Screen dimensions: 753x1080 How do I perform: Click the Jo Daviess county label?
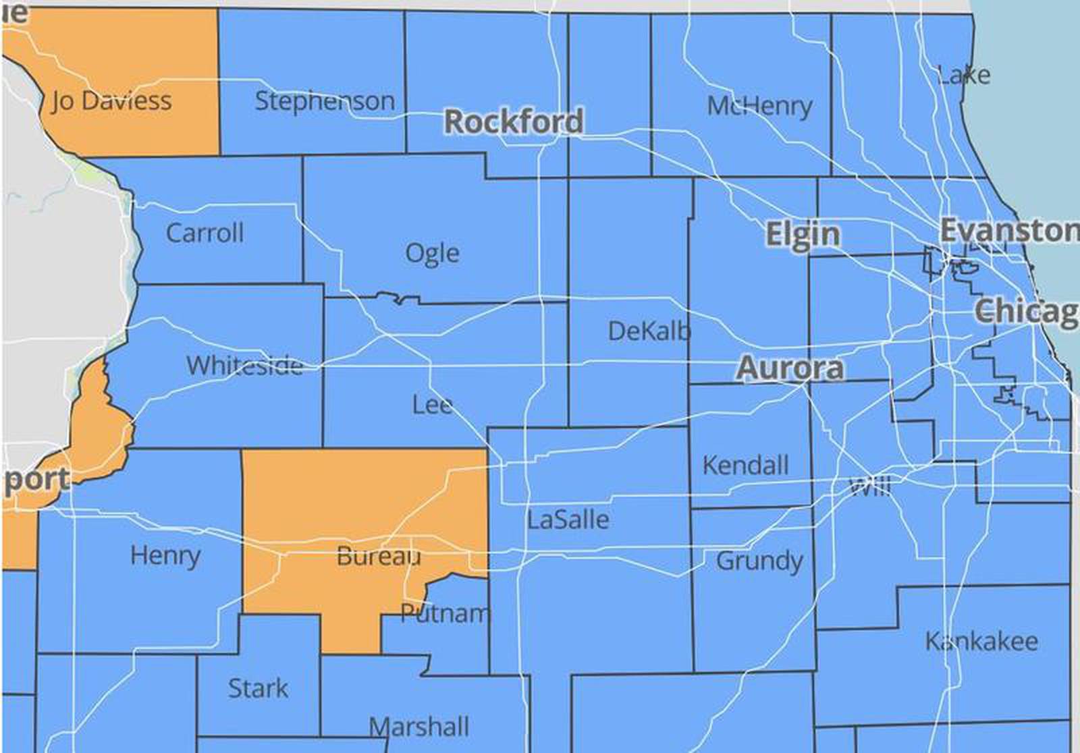[x=111, y=101]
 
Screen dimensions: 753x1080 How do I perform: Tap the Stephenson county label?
[x=325, y=101]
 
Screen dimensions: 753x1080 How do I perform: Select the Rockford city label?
[x=514, y=122]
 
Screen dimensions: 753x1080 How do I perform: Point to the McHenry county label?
[x=759, y=106]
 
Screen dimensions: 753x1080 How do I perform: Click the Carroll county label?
[x=205, y=233]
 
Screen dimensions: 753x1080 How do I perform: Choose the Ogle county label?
[x=432, y=253]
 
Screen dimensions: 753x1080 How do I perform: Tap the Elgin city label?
[x=803, y=234]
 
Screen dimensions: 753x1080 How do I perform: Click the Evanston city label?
[x=1009, y=231]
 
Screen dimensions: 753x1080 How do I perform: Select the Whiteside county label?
[x=244, y=366]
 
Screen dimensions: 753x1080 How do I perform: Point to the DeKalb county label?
[x=649, y=331]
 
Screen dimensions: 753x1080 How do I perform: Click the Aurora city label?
[x=790, y=368]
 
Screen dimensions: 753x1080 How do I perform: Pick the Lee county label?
[x=432, y=405]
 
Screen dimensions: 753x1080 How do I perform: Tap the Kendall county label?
[x=745, y=466]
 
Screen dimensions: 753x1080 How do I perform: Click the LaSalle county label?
[x=568, y=520]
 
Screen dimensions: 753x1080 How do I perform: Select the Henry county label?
[x=165, y=556]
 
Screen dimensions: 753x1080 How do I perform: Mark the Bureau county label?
[x=379, y=557]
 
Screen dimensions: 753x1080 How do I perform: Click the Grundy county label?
[x=759, y=561]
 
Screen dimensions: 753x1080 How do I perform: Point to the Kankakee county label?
[x=981, y=641]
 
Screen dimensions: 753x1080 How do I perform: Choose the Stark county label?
[x=258, y=688]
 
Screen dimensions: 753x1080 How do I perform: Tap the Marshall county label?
[x=418, y=727]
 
